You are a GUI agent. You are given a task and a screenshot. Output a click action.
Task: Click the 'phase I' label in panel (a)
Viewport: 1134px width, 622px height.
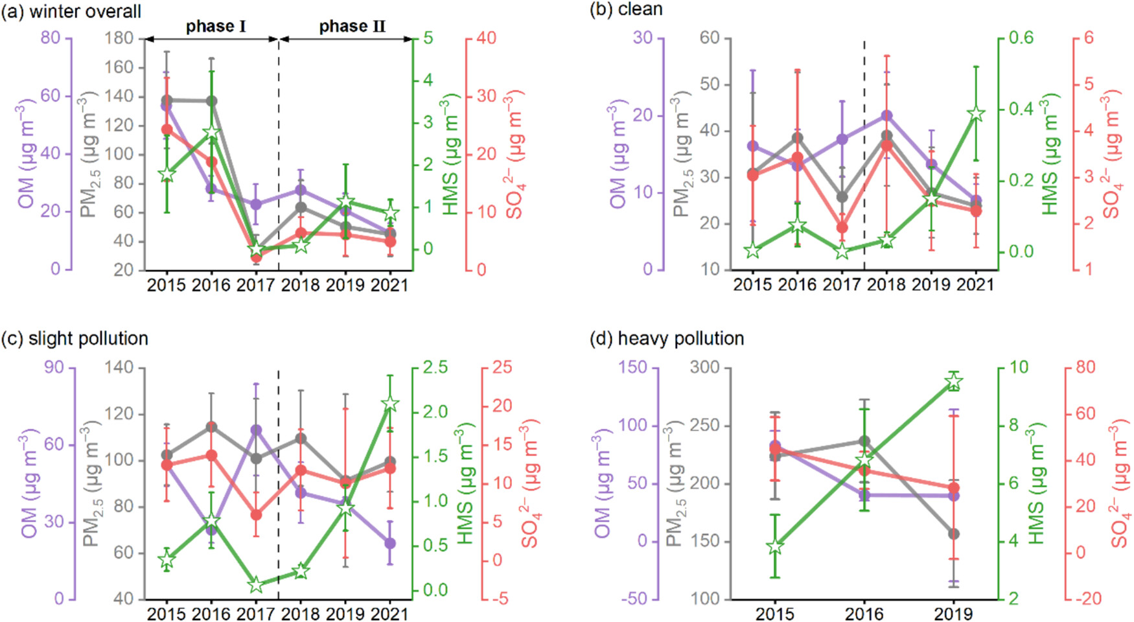pos(216,27)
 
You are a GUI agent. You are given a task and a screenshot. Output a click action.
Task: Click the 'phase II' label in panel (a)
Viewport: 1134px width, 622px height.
pos(352,27)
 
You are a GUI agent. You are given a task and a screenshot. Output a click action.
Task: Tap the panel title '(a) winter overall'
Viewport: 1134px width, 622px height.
pos(71,11)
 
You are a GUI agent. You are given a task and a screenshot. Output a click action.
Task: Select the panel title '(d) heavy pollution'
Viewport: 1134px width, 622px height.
pos(667,338)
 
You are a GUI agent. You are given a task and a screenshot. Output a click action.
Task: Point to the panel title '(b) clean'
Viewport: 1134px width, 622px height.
pos(626,10)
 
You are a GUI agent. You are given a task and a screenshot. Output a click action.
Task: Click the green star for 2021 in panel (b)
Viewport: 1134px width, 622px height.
pos(976,114)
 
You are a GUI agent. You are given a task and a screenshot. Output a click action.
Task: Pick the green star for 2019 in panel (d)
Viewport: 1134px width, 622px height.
pos(953,382)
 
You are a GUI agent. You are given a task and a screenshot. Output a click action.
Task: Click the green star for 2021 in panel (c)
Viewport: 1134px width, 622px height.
pos(389,404)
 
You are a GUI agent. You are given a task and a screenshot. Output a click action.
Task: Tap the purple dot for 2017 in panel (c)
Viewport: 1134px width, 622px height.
pos(256,430)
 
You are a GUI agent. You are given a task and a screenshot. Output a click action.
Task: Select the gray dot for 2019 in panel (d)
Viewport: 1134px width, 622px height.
pos(953,534)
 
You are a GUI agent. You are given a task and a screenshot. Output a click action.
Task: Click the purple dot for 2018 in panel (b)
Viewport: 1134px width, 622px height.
pos(886,116)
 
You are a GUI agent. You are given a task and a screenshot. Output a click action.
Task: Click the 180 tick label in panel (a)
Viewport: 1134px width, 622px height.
pos(119,38)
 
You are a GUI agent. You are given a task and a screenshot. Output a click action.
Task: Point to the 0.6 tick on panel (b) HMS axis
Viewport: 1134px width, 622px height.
pos(1020,38)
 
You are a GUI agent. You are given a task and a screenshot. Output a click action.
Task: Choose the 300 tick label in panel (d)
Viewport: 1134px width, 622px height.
pos(704,367)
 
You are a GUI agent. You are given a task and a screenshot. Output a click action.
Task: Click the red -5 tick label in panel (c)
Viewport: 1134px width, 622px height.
pos(500,599)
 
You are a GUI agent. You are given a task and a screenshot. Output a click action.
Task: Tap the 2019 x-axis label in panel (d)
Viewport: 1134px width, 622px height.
pos(953,613)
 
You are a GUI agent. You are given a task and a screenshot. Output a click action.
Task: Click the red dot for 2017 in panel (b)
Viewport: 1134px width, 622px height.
pos(842,228)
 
